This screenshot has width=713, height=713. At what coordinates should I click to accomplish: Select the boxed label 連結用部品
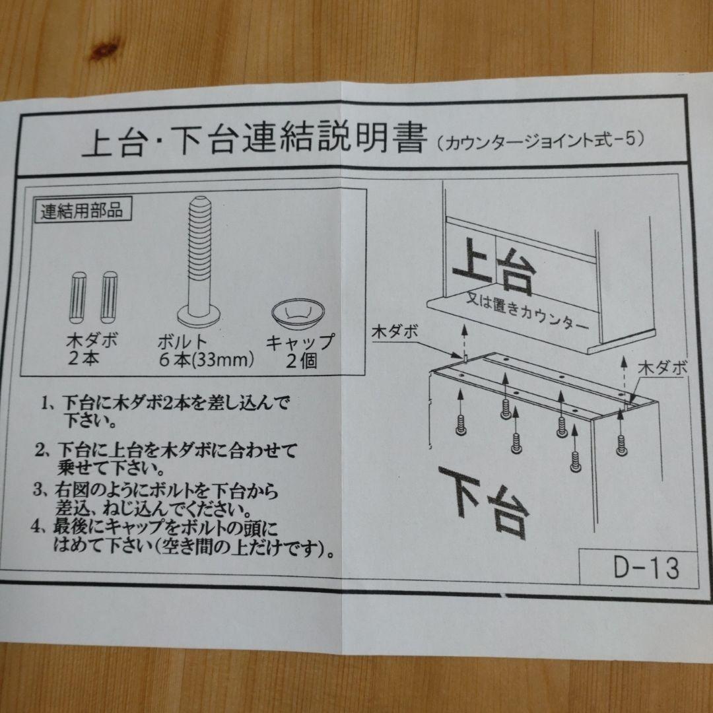click(x=81, y=212)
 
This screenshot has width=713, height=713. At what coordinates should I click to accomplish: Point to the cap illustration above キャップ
click(x=298, y=312)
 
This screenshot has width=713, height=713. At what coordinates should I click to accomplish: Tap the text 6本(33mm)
click(x=206, y=360)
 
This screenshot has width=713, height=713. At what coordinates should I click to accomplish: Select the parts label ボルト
click(x=183, y=342)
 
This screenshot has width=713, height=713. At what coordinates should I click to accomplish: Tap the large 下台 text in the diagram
click(x=485, y=498)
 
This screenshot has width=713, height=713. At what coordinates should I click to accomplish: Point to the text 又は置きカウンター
click(x=526, y=312)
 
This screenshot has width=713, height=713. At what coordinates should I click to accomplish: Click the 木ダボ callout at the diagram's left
click(x=395, y=331)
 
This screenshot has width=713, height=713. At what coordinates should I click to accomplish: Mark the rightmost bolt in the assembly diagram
click(x=621, y=445)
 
